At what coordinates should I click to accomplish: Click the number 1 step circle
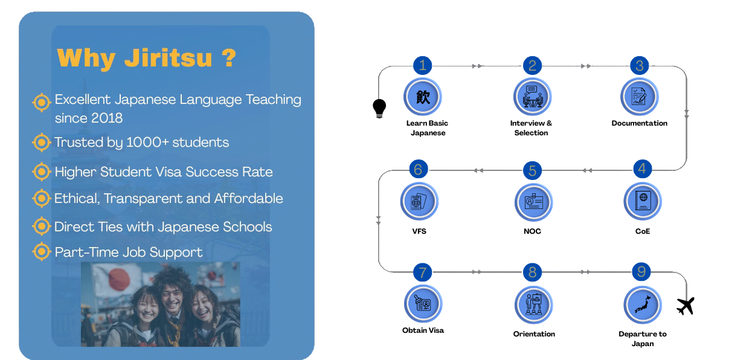422,65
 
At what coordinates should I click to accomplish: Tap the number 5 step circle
532,170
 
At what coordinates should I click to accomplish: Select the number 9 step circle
641,271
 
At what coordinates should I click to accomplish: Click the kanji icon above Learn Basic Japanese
423,97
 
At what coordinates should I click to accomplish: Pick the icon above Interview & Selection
532,97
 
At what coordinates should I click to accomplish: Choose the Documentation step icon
639,97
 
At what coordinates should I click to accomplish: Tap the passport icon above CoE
643,201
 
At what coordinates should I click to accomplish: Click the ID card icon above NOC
533,202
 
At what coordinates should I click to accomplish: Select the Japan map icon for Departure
643,305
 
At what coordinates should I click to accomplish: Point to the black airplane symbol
686,306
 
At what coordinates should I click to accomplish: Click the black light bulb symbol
379,108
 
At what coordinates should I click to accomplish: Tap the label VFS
419,231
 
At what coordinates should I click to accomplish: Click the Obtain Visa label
423,330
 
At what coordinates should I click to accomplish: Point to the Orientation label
534,334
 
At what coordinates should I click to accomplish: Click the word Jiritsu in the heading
168,59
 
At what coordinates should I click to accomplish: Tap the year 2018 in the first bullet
106,118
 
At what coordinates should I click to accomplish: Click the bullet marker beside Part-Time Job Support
42,251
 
